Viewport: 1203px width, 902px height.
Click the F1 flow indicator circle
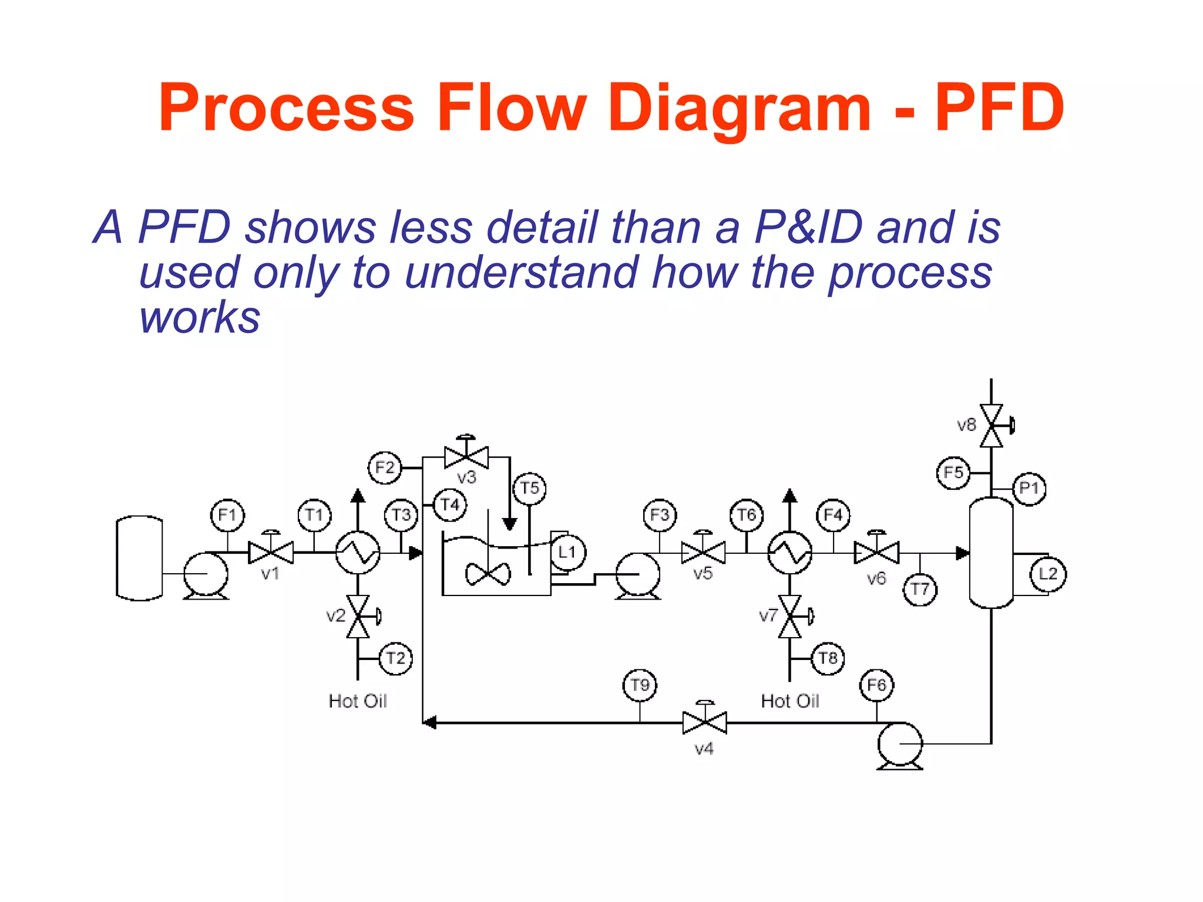pos(227,515)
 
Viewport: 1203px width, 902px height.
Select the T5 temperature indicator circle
pos(529,488)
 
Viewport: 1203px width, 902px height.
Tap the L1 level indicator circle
pos(567,552)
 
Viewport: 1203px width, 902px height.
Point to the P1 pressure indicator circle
pos(1029,488)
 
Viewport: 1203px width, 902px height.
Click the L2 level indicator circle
pos(1049,574)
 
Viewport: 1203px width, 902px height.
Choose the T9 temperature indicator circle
pos(640,685)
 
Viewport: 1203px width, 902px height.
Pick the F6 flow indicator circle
pos(876,685)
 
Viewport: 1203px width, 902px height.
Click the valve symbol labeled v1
pos(271,552)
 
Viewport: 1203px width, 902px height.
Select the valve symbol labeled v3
pos(466,456)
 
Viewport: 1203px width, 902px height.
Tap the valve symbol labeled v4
pos(704,722)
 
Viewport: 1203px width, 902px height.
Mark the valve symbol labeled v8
pos(992,425)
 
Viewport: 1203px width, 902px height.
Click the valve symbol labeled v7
pos(790,617)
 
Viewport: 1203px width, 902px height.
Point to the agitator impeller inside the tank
pos(488,574)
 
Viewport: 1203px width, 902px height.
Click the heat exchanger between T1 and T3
pos(358,552)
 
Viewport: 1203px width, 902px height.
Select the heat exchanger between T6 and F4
pos(790,552)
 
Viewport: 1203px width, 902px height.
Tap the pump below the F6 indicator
pos(899,745)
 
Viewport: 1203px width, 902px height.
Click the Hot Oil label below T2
pos(358,701)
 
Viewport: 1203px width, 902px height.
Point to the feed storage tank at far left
pos(140,558)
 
